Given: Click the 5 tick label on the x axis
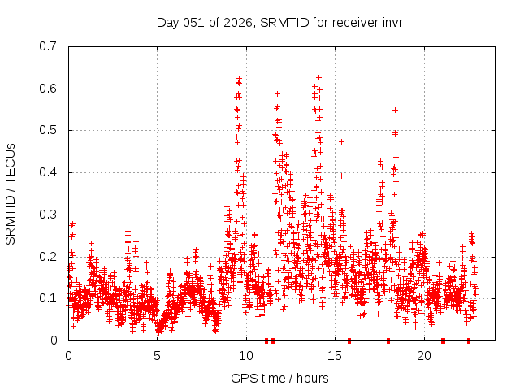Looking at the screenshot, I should [x=158, y=355].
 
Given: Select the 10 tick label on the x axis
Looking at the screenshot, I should [x=246, y=355].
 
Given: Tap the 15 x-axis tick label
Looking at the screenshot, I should [x=336, y=355].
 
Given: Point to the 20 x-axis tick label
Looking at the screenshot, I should [x=424, y=355].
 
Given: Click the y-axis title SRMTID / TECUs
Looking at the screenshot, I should [x=11, y=193].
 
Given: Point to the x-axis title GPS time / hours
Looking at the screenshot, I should [x=279, y=378].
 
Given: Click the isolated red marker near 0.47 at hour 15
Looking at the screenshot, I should [x=341, y=141].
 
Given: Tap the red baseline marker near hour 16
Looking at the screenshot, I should [x=349, y=340].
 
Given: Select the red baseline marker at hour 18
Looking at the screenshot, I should [x=388, y=340].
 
